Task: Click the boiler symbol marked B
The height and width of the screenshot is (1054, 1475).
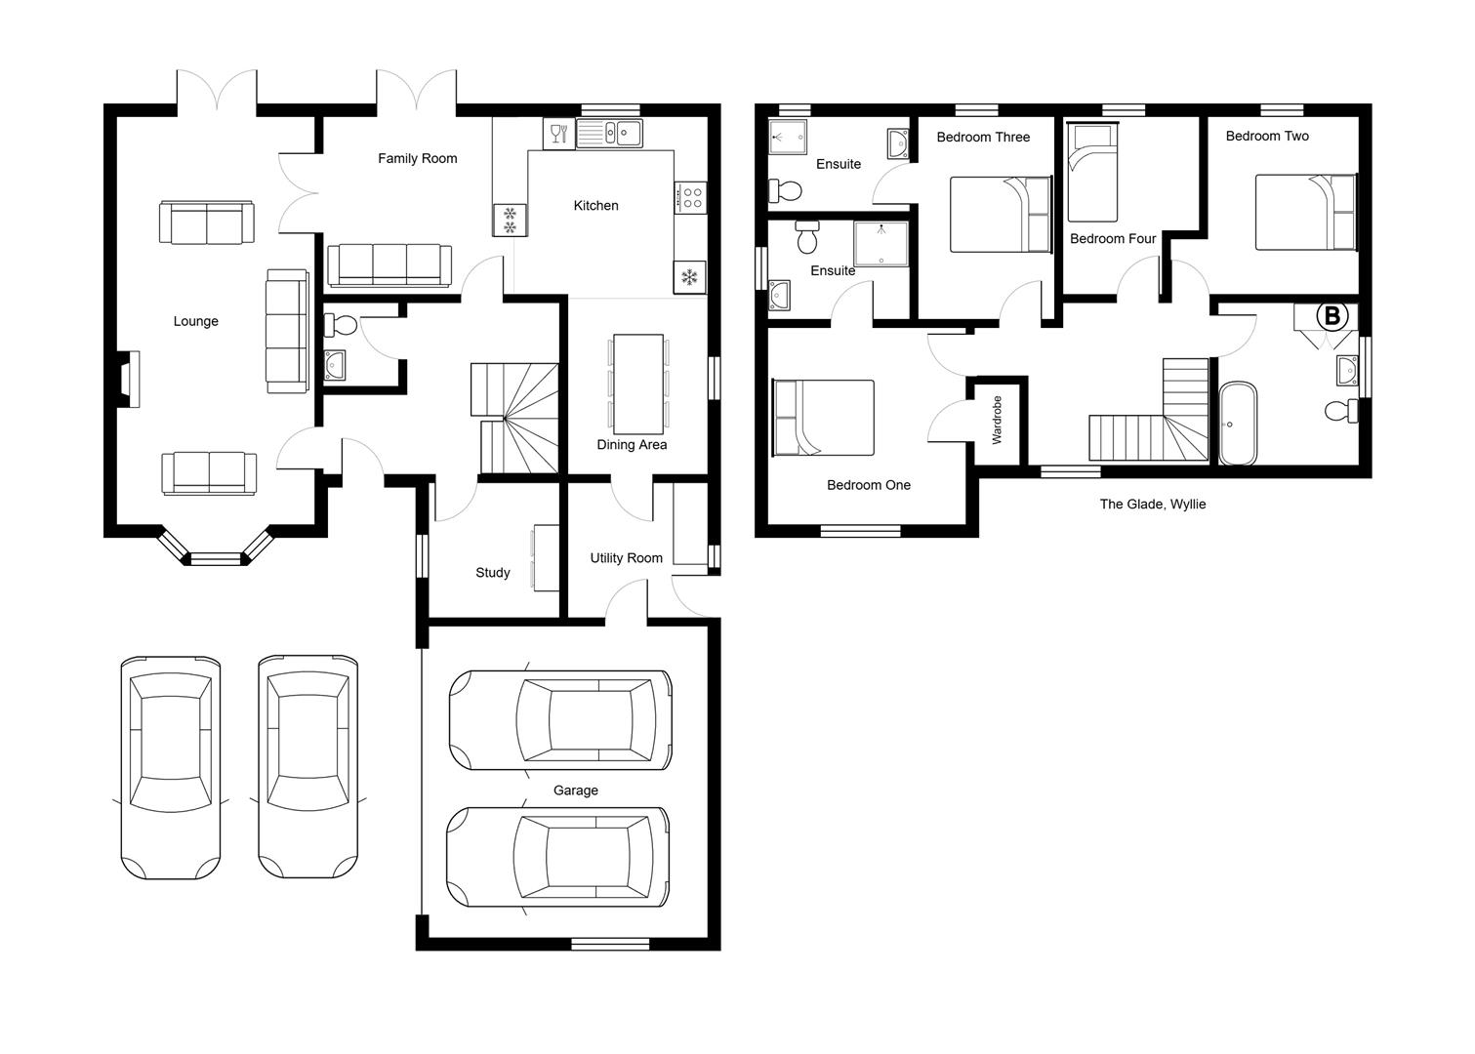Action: coord(1332,316)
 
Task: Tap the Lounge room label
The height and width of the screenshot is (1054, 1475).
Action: coord(195,321)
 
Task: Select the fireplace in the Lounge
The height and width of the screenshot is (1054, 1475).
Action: coord(127,378)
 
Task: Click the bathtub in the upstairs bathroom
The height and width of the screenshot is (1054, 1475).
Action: coord(1238,424)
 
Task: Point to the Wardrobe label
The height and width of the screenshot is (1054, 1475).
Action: coord(997,420)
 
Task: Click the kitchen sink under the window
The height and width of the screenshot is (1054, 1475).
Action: coord(609,133)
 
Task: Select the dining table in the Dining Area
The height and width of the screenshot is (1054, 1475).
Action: coord(639,385)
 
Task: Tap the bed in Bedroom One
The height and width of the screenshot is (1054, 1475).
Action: coord(823,418)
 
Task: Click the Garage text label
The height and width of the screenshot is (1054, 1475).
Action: coord(575,790)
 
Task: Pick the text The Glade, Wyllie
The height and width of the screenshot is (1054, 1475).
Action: coord(1152,505)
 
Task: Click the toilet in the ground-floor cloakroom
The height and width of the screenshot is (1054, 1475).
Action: coord(341,324)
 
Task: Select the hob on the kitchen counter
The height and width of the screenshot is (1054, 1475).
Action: coord(691,197)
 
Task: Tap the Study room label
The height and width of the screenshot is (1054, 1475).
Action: coord(492,573)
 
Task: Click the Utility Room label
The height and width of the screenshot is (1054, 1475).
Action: coord(626,558)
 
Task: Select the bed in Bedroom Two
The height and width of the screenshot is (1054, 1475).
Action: coord(1305,212)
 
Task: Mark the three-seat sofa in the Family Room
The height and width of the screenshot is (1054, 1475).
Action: coord(389,265)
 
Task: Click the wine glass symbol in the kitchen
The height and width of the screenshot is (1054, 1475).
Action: coord(558,133)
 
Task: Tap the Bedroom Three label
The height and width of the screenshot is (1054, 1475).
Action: coord(982,138)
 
